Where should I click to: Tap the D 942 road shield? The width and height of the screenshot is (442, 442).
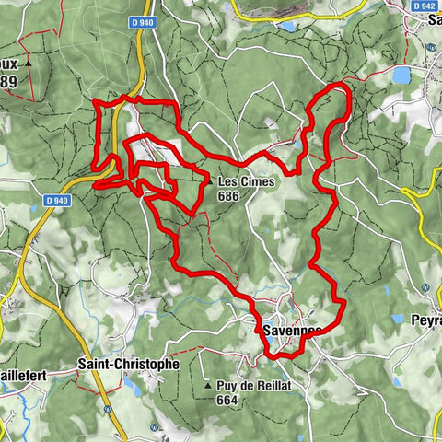click(424, 5)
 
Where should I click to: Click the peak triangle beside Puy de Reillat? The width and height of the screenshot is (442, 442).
click(208, 385)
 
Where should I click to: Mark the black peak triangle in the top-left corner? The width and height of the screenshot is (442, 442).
click(29, 64)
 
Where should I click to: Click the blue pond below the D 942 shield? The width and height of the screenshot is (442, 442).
click(402, 74)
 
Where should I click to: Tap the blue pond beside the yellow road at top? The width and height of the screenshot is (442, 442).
click(287, 26)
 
